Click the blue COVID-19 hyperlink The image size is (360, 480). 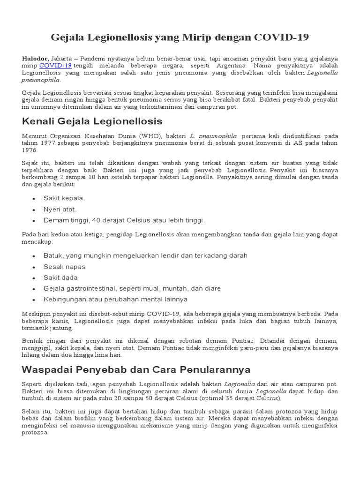pyautogui.click(x=55, y=66)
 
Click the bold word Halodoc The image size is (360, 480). pyautogui.click(x=35, y=58)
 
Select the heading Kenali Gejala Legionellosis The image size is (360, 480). pyautogui.click(x=92, y=121)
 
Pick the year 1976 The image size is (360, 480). pyautogui.click(x=29, y=150)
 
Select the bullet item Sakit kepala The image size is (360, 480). pyautogui.click(x=64, y=198)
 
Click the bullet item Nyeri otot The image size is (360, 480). pyautogui.click(x=60, y=209)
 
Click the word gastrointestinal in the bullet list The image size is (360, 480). pyautogui.click(x=98, y=288)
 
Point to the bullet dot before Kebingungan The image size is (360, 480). pyautogui.click(x=34, y=300)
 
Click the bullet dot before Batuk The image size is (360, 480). pyautogui.click(x=34, y=256)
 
